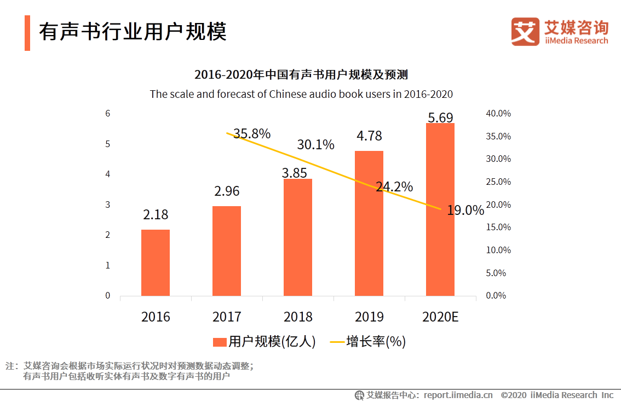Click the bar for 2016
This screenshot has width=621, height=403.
pyautogui.click(x=156, y=263)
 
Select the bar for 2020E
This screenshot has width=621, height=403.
pyautogui.click(x=440, y=209)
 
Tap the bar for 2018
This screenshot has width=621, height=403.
pyautogui.click(x=298, y=237)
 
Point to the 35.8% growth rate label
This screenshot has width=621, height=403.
pyautogui.click(x=252, y=133)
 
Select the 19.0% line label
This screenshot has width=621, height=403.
pyautogui.click(x=465, y=211)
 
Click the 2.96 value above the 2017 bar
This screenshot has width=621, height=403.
pyautogui.click(x=227, y=191)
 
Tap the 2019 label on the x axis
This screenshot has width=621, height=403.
pyautogui.click(x=369, y=317)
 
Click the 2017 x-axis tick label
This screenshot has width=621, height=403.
pyautogui.click(x=227, y=317)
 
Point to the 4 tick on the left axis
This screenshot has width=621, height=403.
pyautogui.click(x=108, y=174)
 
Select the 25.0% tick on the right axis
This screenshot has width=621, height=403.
pyautogui.click(x=498, y=182)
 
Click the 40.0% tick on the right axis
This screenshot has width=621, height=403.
pyautogui.click(x=498, y=113)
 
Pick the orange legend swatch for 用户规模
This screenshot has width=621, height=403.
pyautogui.click(x=220, y=342)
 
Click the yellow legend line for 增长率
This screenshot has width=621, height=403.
pyautogui.click(x=337, y=342)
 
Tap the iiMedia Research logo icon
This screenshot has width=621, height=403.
pyautogui.click(x=525, y=31)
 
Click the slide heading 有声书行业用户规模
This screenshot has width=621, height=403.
pyautogui.click(x=133, y=32)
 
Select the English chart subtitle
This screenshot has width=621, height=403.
pyautogui.click(x=301, y=94)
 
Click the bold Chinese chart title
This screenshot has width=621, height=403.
pyautogui.click(x=301, y=74)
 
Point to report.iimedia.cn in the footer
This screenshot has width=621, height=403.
pyautogui.click(x=458, y=395)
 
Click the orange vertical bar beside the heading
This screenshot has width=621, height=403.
pyautogui.click(x=27, y=33)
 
